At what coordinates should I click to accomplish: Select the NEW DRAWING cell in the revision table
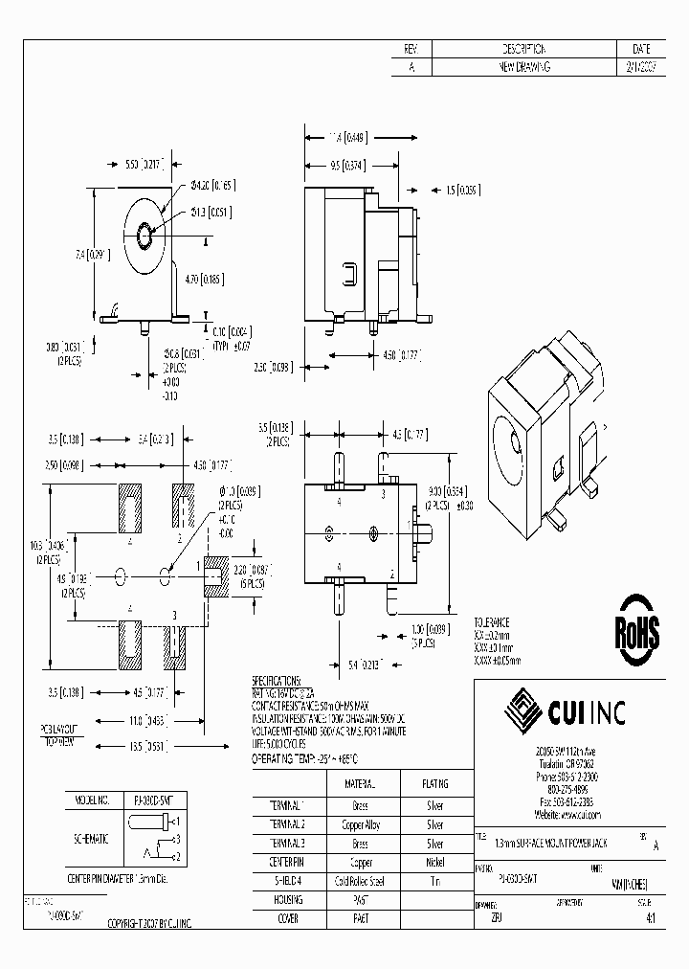pyautogui.click(x=523, y=67)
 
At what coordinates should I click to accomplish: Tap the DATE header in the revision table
pyautogui.click(x=642, y=49)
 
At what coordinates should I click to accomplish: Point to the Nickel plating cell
pyautogui.click(x=434, y=862)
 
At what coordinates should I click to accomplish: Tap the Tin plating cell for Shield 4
pyautogui.click(x=434, y=881)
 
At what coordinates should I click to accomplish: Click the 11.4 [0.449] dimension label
pyautogui.click(x=348, y=136)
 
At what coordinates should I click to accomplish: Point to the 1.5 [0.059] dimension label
pyautogui.click(x=463, y=189)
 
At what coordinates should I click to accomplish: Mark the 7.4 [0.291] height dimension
pyautogui.click(x=94, y=255)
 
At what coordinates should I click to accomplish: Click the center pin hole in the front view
pyautogui.click(x=144, y=233)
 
